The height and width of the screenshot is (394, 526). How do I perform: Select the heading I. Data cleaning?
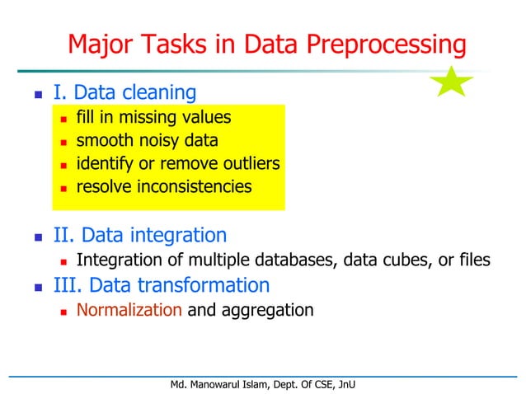(124, 92)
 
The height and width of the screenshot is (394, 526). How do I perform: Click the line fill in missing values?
(153, 118)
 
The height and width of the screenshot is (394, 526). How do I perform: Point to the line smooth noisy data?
(147, 141)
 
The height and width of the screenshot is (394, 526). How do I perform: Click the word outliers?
(246, 164)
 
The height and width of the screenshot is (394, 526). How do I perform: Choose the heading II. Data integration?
(139, 236)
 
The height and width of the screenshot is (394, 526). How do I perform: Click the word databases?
(285, 260)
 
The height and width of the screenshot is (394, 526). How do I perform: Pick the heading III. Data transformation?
(161, 285)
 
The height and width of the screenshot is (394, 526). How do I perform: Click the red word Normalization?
(129, 311)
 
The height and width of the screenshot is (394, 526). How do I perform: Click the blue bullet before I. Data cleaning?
(37, 94)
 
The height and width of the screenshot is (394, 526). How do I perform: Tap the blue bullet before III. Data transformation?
(37, 287)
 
